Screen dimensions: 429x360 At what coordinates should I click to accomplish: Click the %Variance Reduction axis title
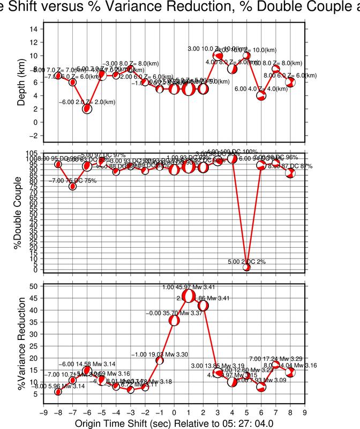(22, 341)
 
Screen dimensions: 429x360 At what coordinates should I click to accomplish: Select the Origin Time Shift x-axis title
(174, 423)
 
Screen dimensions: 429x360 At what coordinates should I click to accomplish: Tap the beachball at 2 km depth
(87, 108)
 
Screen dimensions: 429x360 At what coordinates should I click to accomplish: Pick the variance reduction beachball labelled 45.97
(188, 296)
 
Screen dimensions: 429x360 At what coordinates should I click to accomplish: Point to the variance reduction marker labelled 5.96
(58, 391)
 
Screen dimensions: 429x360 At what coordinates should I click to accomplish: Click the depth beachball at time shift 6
(261, 95)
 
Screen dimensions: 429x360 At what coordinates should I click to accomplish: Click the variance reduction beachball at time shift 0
(174, 320)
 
